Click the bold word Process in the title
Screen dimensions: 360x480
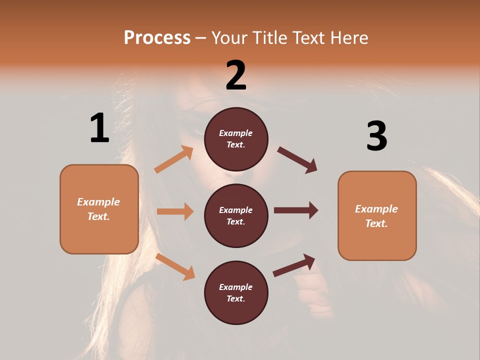(157, 37)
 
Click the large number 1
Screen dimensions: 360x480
(99, 128)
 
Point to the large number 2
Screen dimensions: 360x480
(236, 75)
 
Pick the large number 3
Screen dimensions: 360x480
(376, 136)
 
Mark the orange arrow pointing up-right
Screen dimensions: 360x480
(174, 159)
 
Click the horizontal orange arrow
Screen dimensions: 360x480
(175, 211)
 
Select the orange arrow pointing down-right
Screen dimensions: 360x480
(175, 266)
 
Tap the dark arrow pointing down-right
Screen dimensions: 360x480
(297, 160)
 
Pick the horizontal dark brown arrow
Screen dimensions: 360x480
(296, 210)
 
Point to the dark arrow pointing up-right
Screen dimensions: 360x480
(294, 265)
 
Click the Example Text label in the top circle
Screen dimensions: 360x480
(236, 139)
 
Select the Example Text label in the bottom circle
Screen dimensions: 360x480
(236, 293)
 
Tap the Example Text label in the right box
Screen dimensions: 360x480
(376, 216)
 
